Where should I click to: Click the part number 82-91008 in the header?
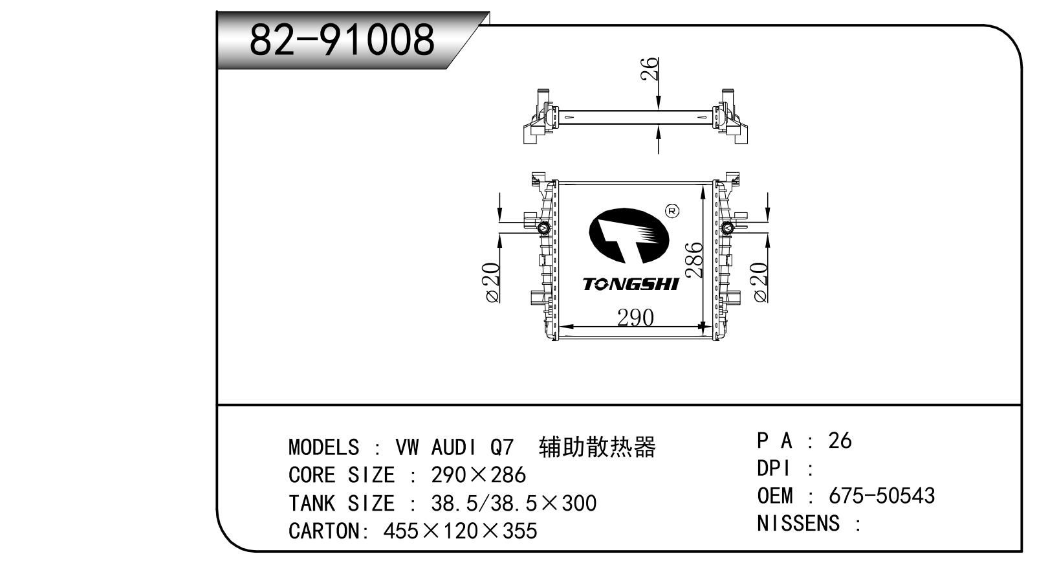(342, 39)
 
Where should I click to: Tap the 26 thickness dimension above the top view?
(650, 69)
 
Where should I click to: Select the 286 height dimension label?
(693, 260)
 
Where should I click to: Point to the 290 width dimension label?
(635, 318)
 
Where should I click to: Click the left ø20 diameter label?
(492, 283)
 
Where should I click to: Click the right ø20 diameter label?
(759, 282)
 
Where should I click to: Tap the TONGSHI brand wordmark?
(630, 284)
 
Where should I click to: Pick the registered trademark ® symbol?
(672, 211)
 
